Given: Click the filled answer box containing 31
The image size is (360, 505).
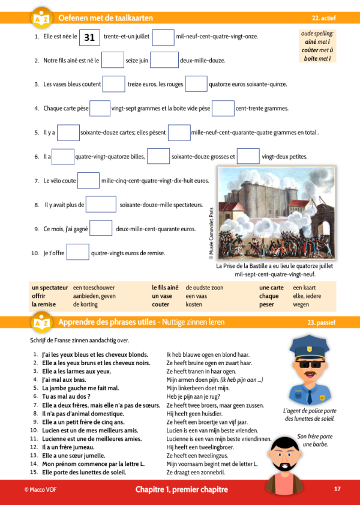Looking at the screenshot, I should click(89, 37).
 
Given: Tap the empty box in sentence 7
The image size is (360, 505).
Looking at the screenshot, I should click(88, 180).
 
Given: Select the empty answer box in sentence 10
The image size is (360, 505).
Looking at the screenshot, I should click(77, 252).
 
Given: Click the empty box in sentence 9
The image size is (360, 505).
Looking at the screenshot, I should click(101, 228).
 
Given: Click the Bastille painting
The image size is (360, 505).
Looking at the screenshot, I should click(276, 214).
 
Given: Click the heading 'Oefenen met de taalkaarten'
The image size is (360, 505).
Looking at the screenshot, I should click(106, 19).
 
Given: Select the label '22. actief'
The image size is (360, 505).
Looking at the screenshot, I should click(324, 19).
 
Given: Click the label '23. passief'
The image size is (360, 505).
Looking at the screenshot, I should click(322, 322).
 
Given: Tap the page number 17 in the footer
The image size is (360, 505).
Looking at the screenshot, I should click(337, 489).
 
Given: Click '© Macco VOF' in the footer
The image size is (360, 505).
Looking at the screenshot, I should click(39, 490).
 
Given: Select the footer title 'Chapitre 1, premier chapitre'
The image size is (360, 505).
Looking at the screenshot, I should click(181, 490).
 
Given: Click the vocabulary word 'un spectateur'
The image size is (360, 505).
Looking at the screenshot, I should click(50, 288).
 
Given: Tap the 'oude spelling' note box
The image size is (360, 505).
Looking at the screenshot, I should click(318, 46).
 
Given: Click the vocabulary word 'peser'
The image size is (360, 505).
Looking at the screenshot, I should click(267, 305).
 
